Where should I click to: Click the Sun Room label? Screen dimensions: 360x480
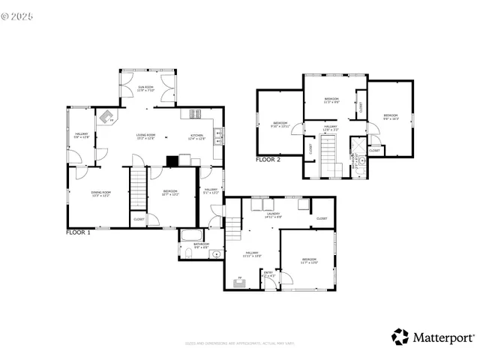pos(145,88)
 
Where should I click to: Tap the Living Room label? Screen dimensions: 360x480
pos(145,137)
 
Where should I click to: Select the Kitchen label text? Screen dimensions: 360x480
pos(196,137)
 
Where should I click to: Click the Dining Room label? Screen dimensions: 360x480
pos(101,194)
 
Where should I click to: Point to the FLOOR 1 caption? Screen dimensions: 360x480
pos(78,233)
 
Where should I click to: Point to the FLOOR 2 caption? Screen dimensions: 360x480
pos(268,160)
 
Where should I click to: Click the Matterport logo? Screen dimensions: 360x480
pos(433,337)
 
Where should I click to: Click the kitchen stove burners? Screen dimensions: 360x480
pos(196,114)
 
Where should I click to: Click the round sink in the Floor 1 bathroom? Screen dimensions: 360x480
pos(217,253)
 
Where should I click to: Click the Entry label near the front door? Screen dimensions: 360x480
pos(268,274)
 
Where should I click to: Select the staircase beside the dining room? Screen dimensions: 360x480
pos(137,190)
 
